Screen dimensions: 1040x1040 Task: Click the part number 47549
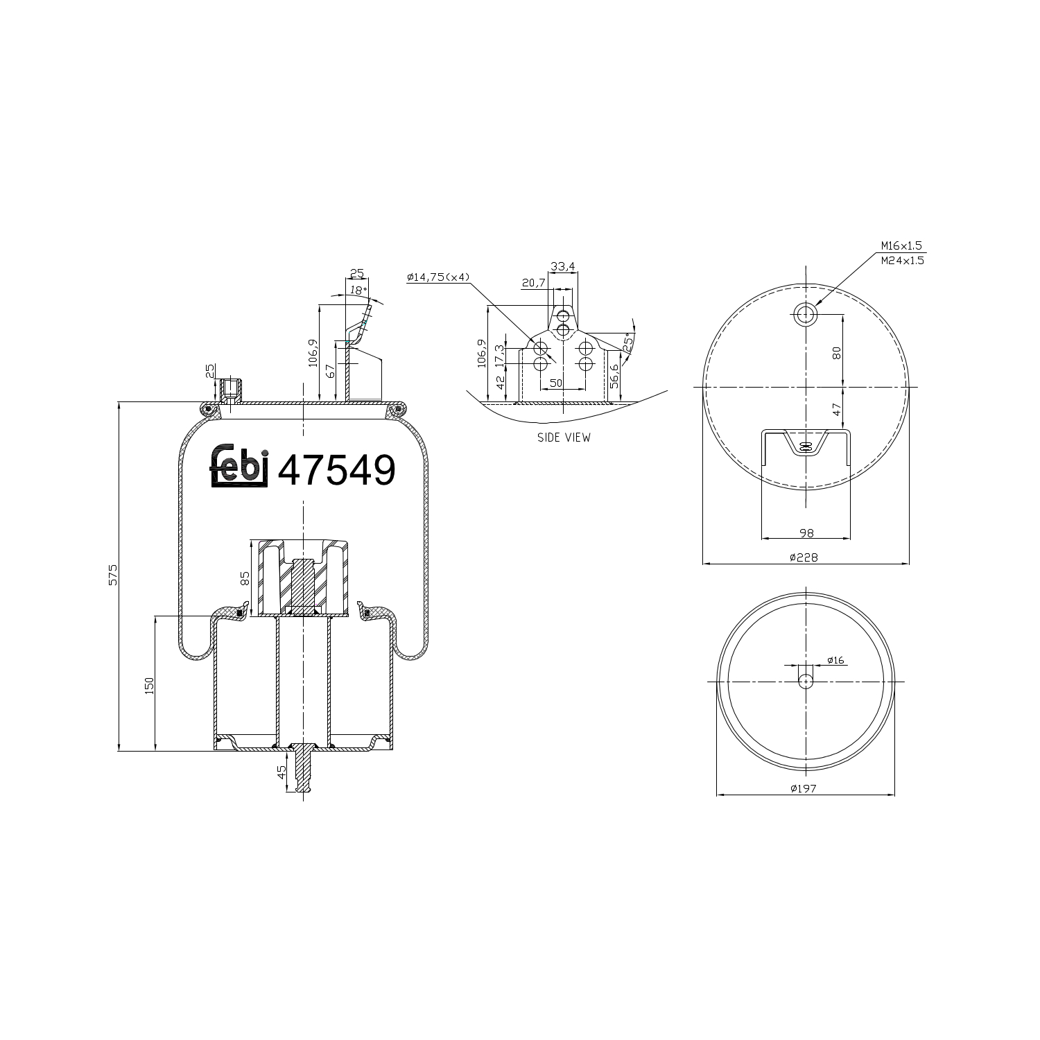336,471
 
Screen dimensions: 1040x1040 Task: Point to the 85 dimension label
244,578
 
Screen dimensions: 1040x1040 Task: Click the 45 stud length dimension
281,772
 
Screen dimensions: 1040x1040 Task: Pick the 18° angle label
356,291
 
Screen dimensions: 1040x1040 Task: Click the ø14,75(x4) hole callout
438,277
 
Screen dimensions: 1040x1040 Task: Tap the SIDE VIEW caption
564,437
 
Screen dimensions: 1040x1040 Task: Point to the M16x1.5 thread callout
901,245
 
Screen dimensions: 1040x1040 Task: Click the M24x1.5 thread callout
901,261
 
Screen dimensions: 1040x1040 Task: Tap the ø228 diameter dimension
804,557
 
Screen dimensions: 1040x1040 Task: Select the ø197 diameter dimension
804,788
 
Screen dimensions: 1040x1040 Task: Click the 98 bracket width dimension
806,532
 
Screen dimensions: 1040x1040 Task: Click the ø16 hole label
835,661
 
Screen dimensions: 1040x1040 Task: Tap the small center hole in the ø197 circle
805,681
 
